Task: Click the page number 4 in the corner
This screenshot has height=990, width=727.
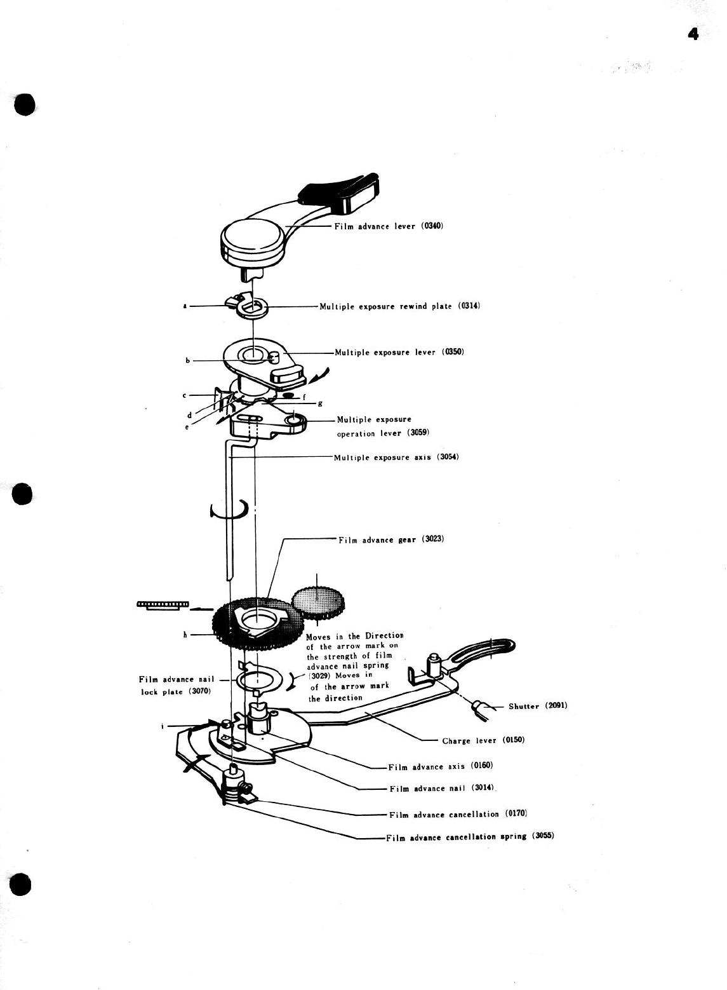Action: (693, 34)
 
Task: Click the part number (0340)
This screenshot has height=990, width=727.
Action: (432, 226)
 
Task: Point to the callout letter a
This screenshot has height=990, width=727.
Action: (185, 306)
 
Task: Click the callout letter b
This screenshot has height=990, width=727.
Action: (188, 361)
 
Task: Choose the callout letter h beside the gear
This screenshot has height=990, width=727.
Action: (185, 634)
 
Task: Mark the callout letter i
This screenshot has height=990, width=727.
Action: (163, 725)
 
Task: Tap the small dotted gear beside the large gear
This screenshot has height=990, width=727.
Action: (318, 601)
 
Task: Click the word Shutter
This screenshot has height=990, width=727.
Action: (524, 706)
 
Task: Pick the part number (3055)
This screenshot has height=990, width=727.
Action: (544, 836)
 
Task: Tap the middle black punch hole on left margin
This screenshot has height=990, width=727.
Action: (22, 494)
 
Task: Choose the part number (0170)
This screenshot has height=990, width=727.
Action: (516, 813)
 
